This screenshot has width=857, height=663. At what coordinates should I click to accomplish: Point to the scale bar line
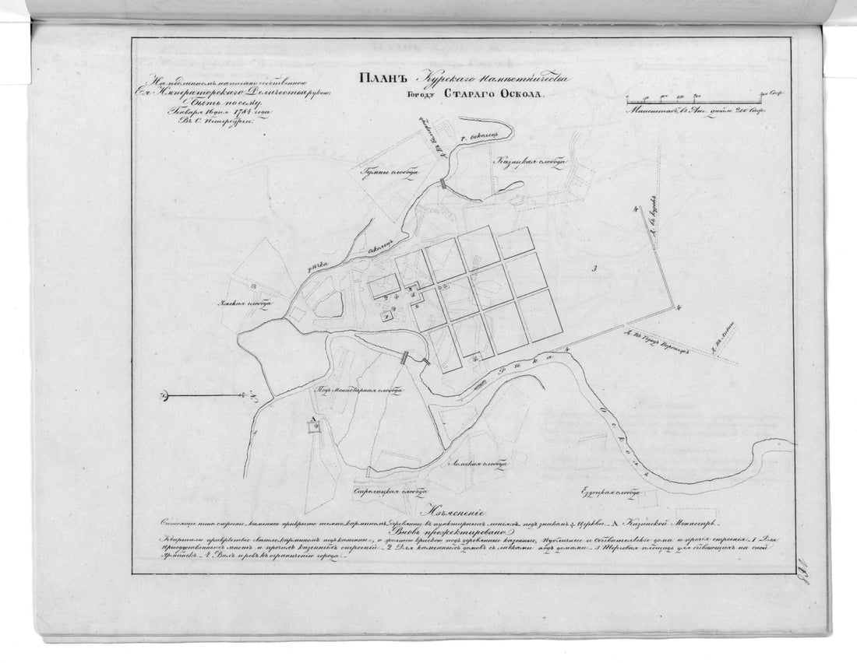pyautogui.click(x=693, y=103)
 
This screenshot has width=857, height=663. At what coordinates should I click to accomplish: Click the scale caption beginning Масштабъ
pyautogui.click(x=693, y=113)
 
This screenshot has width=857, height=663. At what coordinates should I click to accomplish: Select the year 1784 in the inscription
pyautogui.click(x=223, y=110)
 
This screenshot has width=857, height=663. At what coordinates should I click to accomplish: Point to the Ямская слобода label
pyautogui.click(x=242, y=306)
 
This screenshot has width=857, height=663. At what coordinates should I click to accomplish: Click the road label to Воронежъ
pyautogui.click(x=658, y=346)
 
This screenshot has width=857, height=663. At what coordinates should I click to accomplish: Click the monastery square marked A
pyautogui.click(x=313, y=429)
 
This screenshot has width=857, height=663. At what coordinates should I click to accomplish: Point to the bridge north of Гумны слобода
pyautogui.click(x=442, y=184)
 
